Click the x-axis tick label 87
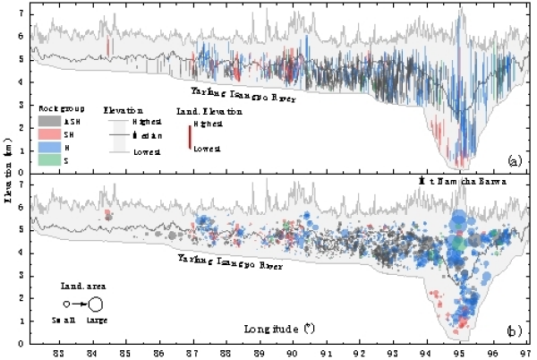[x=192, y=351]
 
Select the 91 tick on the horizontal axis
[x=326, y=351]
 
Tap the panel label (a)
[x=514, y=160]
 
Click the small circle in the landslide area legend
[x=65, y=304]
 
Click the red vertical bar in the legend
[x=189, y=136]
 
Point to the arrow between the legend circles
[x=78, y=304]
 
